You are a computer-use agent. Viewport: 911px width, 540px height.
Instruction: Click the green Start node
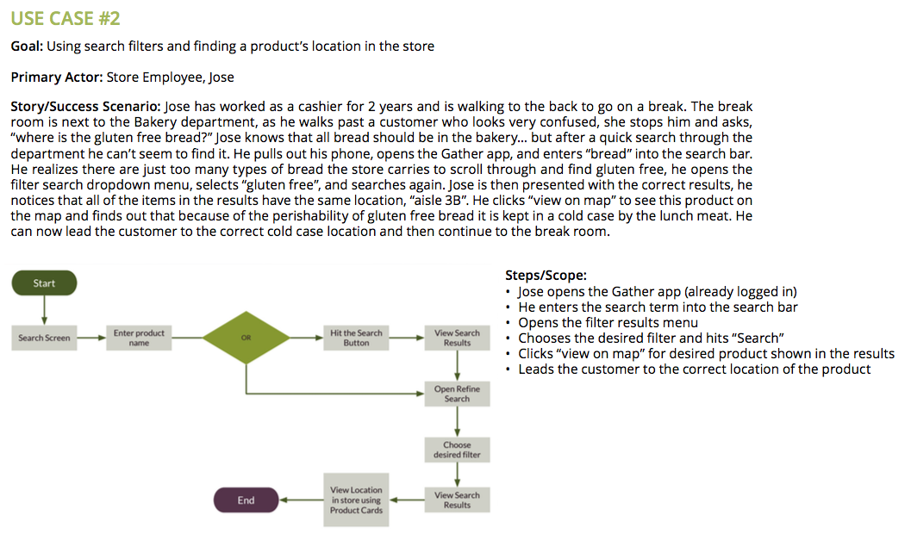tap(44, 283)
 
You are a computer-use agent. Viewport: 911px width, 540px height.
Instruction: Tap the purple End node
tap(246, 500)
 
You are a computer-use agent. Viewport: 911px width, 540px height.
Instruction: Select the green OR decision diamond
tap(246, 338)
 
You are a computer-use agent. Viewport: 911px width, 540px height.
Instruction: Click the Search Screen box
tap(44, 338)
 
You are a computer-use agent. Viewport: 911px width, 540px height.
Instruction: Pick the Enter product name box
tap(139, 338)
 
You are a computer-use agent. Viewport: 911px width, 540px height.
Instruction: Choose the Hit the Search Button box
tap(356, 338)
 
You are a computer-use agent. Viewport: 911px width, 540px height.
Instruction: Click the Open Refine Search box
tap(457, 394)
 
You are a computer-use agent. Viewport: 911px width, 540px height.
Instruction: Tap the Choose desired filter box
tap(457, 450)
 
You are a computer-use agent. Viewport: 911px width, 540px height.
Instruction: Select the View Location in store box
tap(356, 500)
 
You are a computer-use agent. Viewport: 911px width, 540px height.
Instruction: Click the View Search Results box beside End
tap(457, 500)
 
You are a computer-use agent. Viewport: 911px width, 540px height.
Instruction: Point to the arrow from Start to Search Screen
tap(44, 310)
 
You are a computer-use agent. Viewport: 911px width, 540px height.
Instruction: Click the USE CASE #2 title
tap(66, 18)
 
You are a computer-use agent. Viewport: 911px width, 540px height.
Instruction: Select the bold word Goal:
tap(27, 47)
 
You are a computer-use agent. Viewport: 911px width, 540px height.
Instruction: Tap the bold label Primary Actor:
tap(57, 78)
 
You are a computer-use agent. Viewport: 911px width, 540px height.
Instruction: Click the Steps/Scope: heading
tap(546, 276)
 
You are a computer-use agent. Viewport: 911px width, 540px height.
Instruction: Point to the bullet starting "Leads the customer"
tap(694, 369)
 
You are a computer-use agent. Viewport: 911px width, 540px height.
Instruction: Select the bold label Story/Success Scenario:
tap(85, 107)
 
